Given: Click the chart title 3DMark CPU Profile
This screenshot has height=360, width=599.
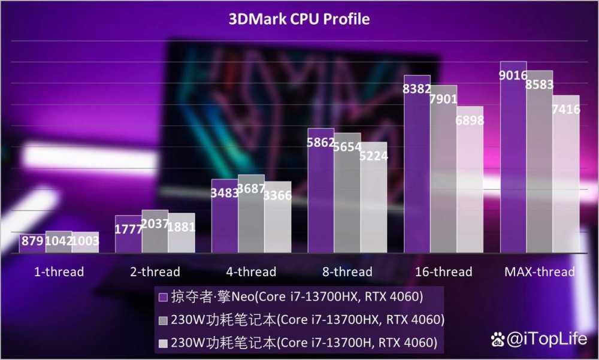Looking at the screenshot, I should (299, 19).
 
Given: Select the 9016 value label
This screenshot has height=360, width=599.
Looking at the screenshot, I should (513, 76).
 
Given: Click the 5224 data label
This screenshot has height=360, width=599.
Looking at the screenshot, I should (373, 156).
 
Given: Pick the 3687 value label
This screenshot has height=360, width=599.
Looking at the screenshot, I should (251, 189).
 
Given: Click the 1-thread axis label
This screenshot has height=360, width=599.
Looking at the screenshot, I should (59, 272).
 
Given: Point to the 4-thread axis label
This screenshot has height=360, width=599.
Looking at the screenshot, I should (251, 272).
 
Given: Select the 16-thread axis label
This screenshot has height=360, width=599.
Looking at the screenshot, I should (443, 272).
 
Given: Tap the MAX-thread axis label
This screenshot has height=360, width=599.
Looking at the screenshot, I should (539, 272).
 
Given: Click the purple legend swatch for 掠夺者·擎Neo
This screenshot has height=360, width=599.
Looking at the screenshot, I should (162, 297).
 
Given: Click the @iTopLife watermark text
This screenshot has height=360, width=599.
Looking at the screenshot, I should (547, 340).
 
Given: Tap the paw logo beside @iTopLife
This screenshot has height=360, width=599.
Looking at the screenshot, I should (498, 340).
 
